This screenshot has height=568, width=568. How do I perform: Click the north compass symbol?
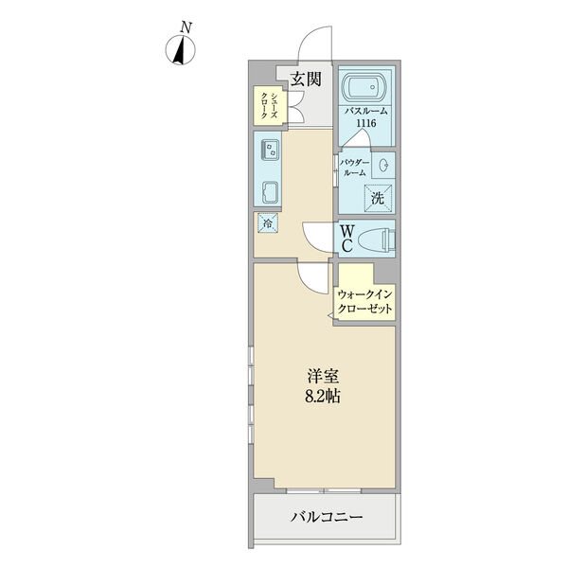tap(181, 50)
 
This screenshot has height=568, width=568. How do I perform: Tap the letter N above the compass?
tap(186, 27)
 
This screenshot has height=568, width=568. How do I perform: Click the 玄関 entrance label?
tap(307, 79)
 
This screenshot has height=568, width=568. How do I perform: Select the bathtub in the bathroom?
tap(364, 88)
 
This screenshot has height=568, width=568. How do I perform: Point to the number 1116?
tap(366, 123)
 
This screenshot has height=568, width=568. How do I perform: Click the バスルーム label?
tap(365, 111)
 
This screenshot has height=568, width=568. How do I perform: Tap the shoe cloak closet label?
tap(270, 105)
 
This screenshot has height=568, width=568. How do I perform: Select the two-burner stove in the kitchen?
tap(271, 150)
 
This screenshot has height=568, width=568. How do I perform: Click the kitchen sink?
tap(271, 192)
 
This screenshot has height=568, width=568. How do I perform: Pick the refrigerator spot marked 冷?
tap(268, 222)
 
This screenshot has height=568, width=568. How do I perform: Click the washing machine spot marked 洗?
tap(378, 198)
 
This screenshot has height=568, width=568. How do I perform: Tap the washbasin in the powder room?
tap(383, 165)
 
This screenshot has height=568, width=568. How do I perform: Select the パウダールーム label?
tap(355, 168)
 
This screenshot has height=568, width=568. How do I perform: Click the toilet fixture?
tap(376, 240)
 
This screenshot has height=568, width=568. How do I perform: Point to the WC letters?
tap(347, 239)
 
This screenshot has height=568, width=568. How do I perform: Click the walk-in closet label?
tap(364, 302)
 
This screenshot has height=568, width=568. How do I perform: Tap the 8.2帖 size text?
tap(323, 397)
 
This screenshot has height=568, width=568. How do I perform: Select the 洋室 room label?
tap(323, 377)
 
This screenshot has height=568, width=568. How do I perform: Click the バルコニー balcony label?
tap(327, 517)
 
